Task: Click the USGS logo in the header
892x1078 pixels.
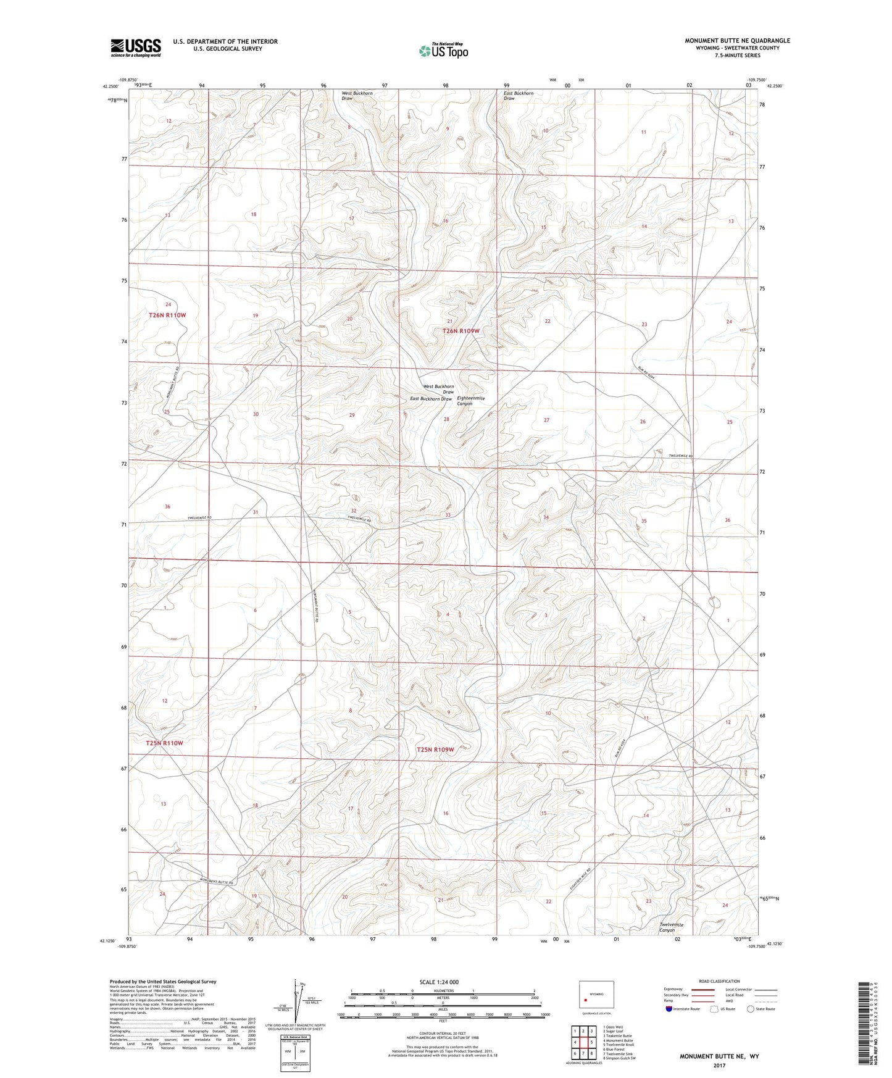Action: coord(136,47)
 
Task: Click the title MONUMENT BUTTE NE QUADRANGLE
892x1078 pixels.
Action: coord(737,41)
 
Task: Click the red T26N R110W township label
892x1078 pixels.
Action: coord(167,315)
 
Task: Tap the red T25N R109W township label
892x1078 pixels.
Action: coord(435,750)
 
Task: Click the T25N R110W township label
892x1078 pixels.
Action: coord(165,743)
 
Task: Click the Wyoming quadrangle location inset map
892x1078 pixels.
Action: coord(596,998)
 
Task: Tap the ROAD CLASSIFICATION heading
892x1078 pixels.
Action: coord(719,981)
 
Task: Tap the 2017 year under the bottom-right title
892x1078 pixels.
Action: coord(719,1065)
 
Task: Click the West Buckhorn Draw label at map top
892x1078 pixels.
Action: coord(357,96)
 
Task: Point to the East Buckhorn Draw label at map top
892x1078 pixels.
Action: coord(519,96)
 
